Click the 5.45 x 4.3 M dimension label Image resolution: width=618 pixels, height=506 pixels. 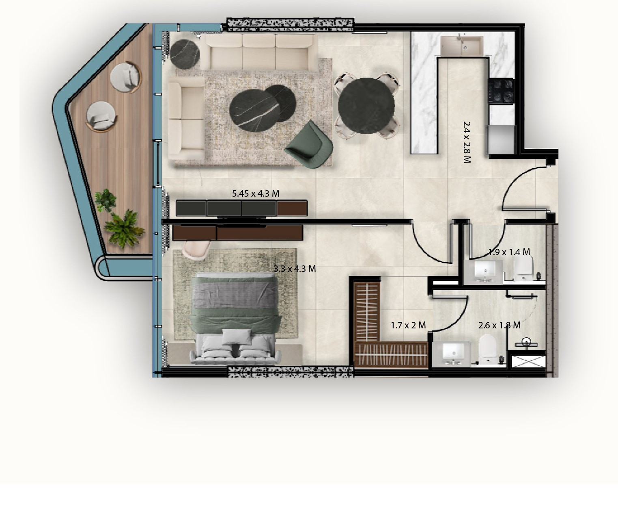point(256,193)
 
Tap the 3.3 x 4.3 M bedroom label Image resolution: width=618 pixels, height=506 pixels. point(295,269)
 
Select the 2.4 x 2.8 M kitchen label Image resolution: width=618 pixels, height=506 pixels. point(467,142)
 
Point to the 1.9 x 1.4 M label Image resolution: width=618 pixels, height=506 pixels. point(509,252)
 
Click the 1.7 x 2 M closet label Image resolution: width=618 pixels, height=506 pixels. point(408,325)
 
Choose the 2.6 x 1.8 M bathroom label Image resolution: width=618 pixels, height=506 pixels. point(500,325)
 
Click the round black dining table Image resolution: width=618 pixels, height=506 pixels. point(366,106)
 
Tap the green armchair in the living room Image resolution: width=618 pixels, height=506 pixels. point(310,145)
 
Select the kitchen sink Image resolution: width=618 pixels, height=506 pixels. point(461,46)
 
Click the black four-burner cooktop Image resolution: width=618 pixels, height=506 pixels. point(501,91)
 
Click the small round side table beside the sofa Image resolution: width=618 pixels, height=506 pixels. point(185,54)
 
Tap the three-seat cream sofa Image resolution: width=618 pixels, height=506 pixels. point(259,52)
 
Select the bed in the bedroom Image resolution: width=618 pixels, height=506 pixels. point(235,318)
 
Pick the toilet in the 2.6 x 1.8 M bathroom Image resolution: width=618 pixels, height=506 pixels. point(488,350)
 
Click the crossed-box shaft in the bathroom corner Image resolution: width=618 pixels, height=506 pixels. point(528,361)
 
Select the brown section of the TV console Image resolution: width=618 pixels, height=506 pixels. point(292,208)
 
